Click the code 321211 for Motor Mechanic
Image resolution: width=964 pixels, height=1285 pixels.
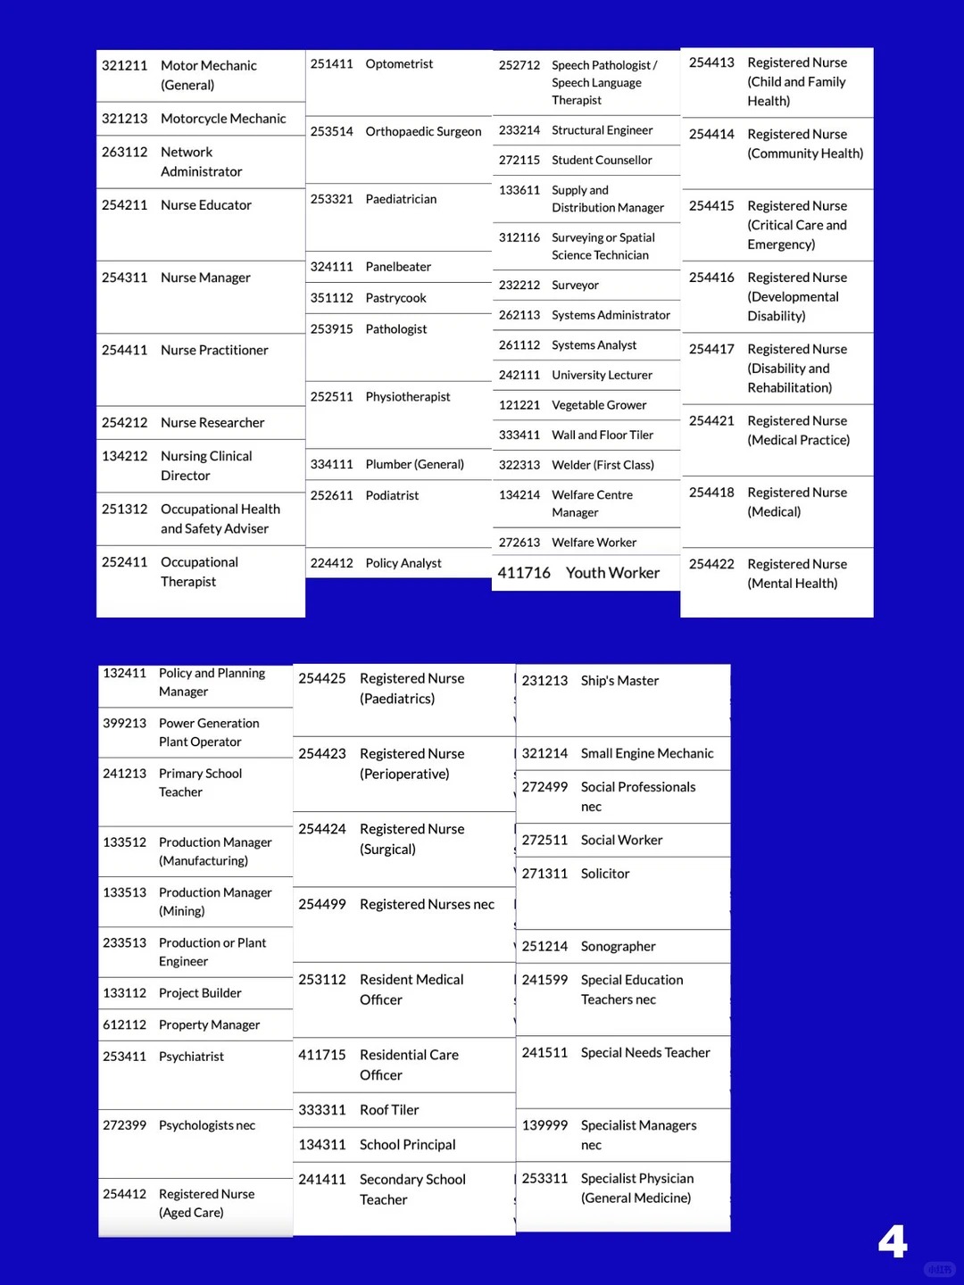pyautogui.click(x=124, y=66)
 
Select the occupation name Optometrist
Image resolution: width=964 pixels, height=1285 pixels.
pyautogui.click(x=399, y=64)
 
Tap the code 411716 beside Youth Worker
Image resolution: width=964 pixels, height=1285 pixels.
pyautogui.click(x=524, y=573)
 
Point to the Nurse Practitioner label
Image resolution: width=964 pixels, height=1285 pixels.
pyautogui.click(x=214, y=351)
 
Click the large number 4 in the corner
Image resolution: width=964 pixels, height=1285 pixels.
pyautogui.click(x=892, y=1241)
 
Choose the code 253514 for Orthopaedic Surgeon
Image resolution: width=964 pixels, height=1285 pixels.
pyautogui.click(x=331, y=132)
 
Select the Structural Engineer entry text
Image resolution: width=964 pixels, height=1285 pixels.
pyautogui.click(x=602, y=130)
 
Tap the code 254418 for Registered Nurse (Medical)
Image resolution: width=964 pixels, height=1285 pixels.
pyautogui.click(x=711, y=493)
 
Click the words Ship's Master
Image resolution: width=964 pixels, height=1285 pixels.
pyautogui.click(x=619, y=681)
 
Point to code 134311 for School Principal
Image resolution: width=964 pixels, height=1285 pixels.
pyautogui.click(x=321, y=1145)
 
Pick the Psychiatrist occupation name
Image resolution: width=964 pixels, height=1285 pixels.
pyautogui.click(x=191, y=1057)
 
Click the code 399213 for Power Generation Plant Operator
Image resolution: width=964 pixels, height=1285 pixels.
pyautogui.click(x=124, y=724)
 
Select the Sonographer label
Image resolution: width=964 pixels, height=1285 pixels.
pyautogui.click(x=618, y=947)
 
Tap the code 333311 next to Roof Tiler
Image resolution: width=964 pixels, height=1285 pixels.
pyautogui.click(x=321, y=1110)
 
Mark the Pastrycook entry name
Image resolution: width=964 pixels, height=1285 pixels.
pyautogui.click(x=395, y=298)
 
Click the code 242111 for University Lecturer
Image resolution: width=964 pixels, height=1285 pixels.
pyautogui.click(x=519, y=376)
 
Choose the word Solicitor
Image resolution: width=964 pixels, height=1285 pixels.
pyautogui.click(x=605, y=874)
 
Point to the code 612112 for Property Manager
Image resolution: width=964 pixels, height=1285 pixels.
pyautogui.click(x=124, y=1025)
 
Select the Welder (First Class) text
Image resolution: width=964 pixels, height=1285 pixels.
pyautogui.click(x=602, y=465)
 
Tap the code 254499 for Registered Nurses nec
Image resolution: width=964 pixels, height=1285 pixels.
pyautogui.click(x=321, y=905)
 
